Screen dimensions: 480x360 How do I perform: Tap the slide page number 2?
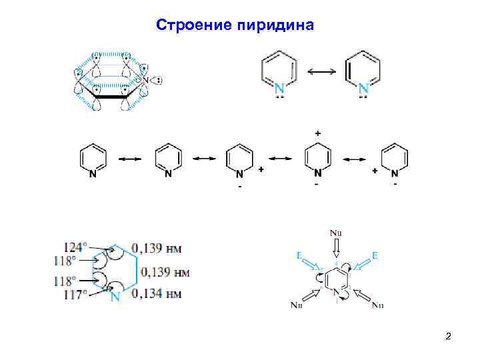pyautogui.click(x=449, y=336)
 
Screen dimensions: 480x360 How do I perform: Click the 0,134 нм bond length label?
pyautogui.click(x=157, y=293)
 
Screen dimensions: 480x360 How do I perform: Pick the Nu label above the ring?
pyautogui.click(x=336, y=233)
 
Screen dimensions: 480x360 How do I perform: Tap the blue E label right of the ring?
pyautogui.click(x=375, y=255)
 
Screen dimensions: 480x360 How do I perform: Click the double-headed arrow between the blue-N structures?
pyautogui.click(x=321, y=71)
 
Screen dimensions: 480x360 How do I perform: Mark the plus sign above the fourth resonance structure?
pyautogui.click(x=317, y=134)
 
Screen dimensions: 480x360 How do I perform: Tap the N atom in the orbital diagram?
pyautogui.click(x=143, y=81)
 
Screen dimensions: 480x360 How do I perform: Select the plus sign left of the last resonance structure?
pyautogui.click(x=375, y=171)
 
